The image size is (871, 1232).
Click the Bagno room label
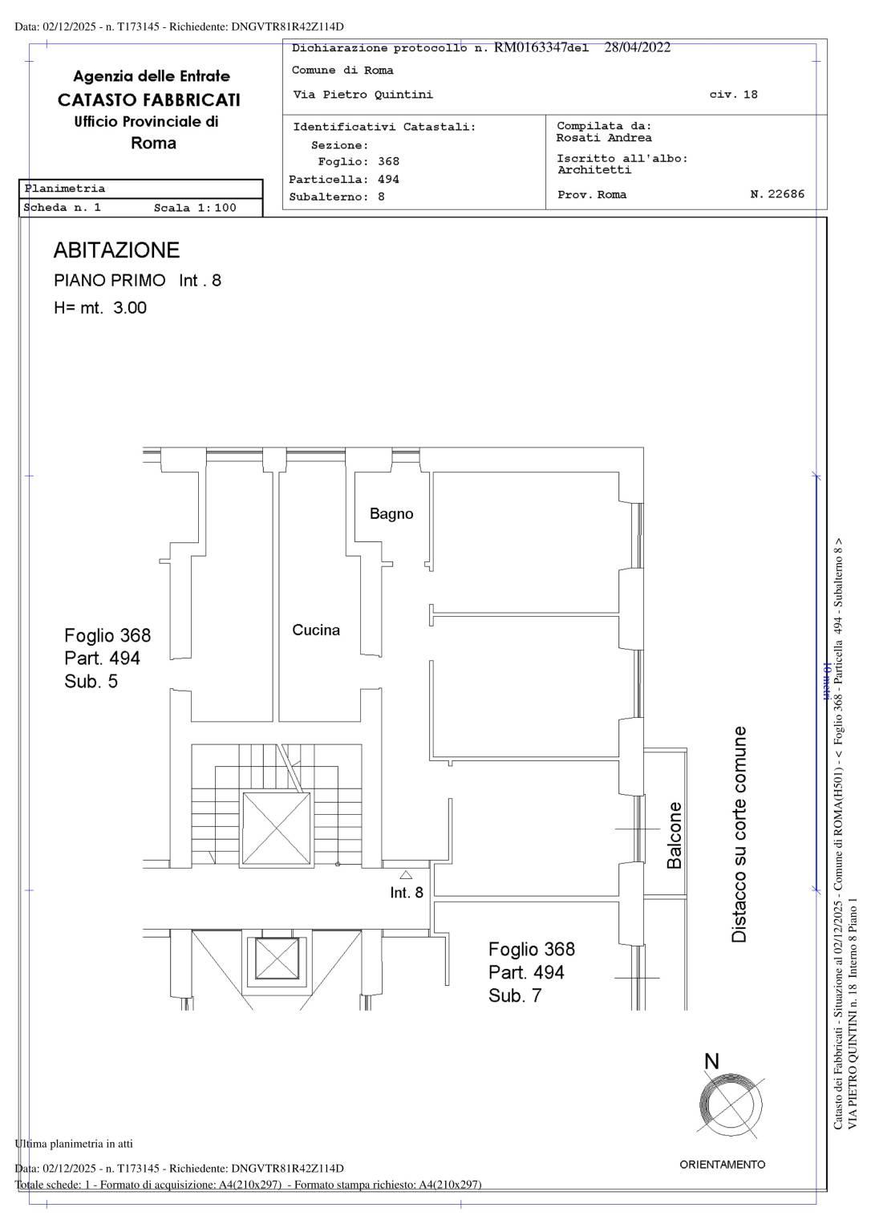[391, 514]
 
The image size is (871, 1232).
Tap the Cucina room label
[316, 630]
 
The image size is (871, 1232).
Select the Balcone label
[675, 835]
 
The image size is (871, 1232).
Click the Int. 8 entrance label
[407, 893]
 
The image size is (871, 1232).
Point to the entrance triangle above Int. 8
[406, 875]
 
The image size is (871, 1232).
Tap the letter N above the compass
[711, 1062]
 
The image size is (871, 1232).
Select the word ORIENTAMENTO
[722, 1165]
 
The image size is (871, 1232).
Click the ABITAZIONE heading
[116, 250]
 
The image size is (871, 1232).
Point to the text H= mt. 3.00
[100, 308]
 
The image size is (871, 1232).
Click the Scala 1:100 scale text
[195, 208]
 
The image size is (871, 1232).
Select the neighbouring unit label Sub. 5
[91, 682]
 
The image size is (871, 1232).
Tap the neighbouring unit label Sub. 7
[515, 996]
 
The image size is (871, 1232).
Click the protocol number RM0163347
[530, 48]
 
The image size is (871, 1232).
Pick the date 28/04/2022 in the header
[637, 47]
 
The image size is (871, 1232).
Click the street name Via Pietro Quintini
[363, 95]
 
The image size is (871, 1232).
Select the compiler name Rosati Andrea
[604, 138]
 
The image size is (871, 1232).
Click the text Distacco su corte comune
[739, 834]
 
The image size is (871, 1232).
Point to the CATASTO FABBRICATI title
[149, 100]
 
